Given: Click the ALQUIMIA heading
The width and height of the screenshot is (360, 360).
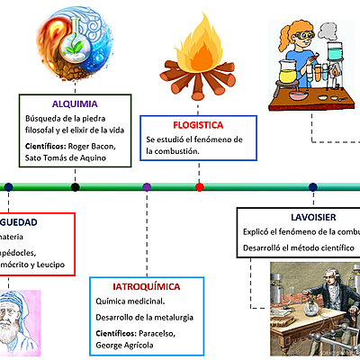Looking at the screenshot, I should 75,103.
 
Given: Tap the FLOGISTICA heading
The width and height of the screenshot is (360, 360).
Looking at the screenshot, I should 198,124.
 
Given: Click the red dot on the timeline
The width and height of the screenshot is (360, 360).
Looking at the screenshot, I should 200,187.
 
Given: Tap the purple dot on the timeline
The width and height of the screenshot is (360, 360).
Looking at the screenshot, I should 147,187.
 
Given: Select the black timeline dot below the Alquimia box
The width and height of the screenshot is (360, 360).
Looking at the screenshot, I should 75,187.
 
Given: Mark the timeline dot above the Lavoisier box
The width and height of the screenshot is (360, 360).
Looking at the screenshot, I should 312,187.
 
